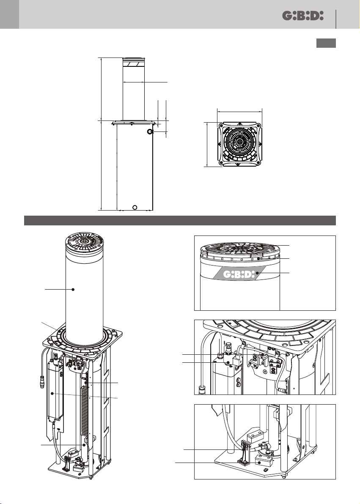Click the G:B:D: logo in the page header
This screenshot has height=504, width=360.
pyautogui.click(x=303, y=16)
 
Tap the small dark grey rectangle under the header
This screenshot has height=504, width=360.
pyautogui.click(x=326, y=43)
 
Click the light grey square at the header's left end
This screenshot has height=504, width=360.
pyautogui.click(x=9, y=14)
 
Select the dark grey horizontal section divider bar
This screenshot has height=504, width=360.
pyautogui.click(x=180, y=221)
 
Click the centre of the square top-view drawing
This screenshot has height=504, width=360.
pyautogui.click(x=240, y=144)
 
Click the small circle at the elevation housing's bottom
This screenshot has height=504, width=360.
pyautogui.click(x=135, y=207)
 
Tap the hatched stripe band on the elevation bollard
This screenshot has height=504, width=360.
pyautogui.click(x=134, y=64)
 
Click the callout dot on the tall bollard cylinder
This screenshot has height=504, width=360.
pyautogui.click(x=73, y=289)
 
